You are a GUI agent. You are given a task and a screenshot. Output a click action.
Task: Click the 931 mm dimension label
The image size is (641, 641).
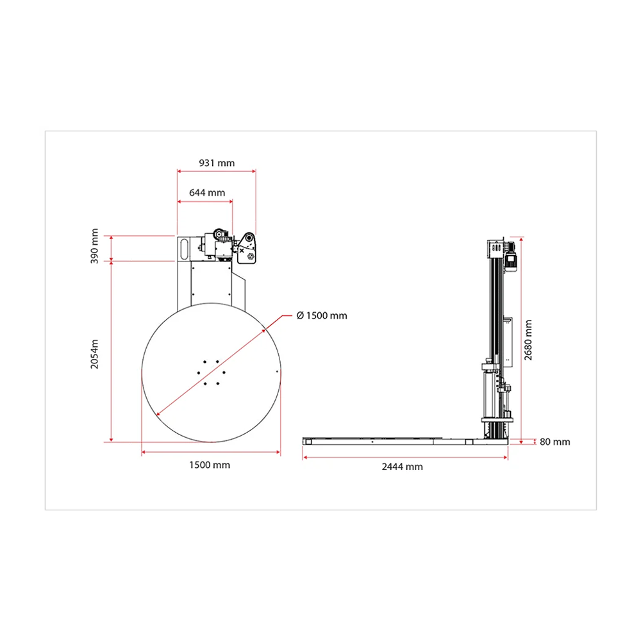point(217,163)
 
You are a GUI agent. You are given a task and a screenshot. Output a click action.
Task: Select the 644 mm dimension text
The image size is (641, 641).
point(207,193)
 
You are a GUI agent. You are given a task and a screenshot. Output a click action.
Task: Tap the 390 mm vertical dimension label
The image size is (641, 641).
point(94,246)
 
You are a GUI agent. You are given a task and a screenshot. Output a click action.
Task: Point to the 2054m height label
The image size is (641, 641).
point(94,354)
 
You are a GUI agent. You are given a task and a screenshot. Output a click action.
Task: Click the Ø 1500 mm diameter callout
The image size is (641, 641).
point(322,315)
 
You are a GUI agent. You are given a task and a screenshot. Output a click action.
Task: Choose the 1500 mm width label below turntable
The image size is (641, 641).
point(210,465)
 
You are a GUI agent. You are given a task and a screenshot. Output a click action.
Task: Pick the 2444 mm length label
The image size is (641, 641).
point(403,467)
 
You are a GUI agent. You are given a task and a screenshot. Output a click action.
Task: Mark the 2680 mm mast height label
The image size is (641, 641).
point(528,340)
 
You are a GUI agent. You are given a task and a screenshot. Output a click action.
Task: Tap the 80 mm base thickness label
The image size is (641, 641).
point(554,442)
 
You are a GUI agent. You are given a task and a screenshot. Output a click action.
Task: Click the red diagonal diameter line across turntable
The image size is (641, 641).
point(211,372)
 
